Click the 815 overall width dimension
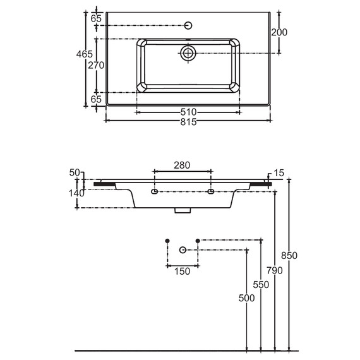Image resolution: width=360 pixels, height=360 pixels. (188, 122)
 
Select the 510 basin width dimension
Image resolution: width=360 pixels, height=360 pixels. (188, 112)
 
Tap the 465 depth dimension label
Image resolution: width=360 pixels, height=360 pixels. (85, 54)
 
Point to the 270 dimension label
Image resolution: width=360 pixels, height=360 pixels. (96, 66)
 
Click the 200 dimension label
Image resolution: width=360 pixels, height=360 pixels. (279, 32)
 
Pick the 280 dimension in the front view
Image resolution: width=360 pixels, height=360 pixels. (182, 165)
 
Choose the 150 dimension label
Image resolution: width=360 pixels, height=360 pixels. (182, 272)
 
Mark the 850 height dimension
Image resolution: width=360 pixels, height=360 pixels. (289, 255)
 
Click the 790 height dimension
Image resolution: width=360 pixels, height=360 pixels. (275, 270)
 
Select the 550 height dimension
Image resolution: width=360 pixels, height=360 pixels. (261, 285)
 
